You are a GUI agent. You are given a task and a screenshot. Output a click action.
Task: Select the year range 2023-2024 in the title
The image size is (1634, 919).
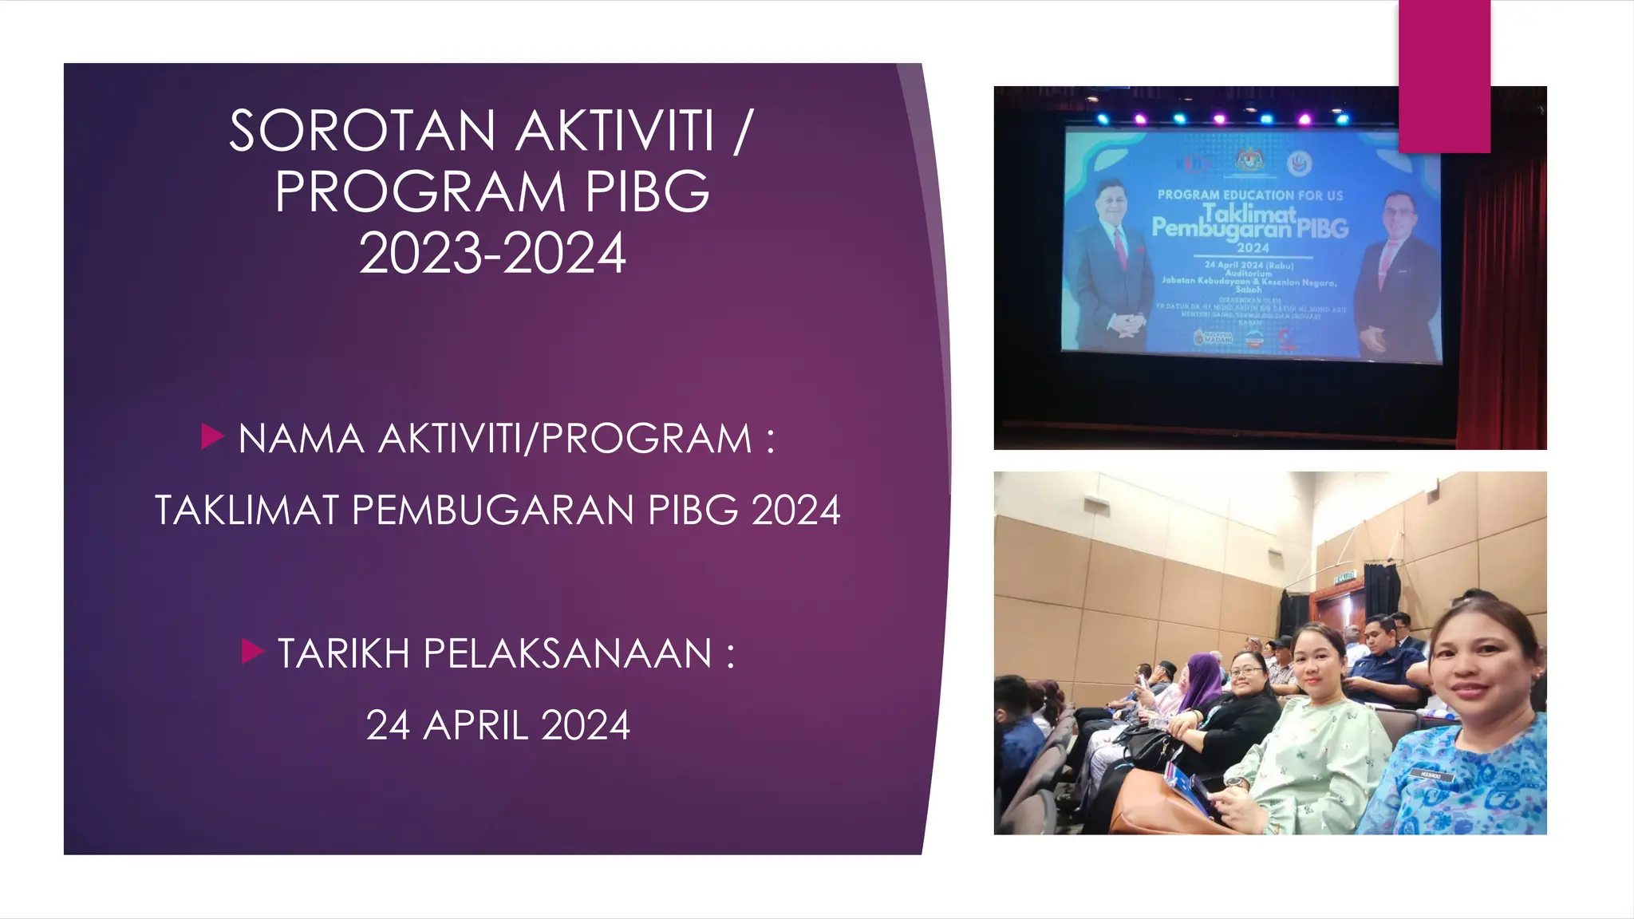point(492,254)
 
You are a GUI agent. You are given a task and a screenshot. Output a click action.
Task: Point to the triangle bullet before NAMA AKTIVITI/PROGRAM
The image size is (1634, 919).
point(212,436)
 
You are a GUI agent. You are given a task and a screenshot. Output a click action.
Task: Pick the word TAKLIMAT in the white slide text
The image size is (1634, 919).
point(247,511)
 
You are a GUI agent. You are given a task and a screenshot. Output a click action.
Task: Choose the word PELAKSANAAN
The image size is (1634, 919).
point(567,654)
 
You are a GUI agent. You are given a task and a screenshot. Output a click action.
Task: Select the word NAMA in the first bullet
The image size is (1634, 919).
point(301,440)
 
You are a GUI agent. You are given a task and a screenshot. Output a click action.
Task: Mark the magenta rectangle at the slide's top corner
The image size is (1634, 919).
point(1444,76)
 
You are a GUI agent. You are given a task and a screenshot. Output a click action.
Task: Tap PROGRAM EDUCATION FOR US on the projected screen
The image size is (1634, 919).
point(1250,195)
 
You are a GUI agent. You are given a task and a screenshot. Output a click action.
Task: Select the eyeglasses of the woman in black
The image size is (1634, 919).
point(1245,672)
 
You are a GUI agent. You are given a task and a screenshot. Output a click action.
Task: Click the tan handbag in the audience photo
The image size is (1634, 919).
point(1157,806)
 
